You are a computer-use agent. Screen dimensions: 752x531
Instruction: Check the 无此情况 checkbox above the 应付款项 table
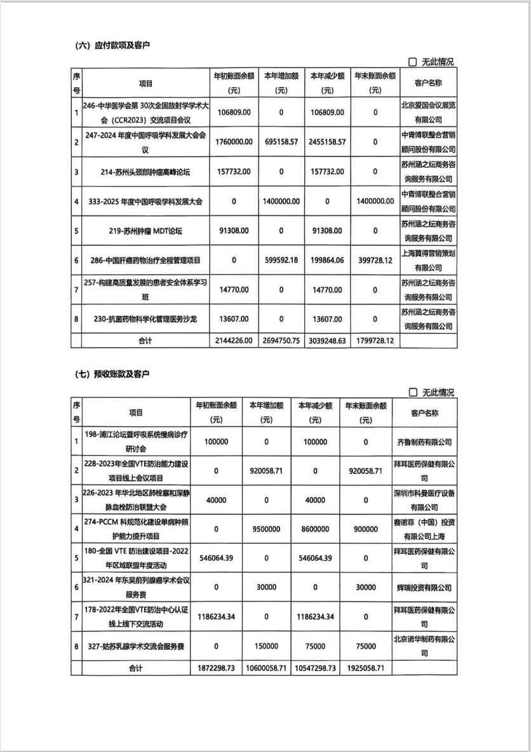click(x=413, y=62)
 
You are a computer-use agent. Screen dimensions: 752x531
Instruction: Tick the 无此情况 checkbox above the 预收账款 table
click(x=413, y=393)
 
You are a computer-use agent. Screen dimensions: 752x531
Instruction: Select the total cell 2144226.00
click(x=234, y=341)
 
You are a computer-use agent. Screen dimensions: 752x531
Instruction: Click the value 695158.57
click(x=281, y=142)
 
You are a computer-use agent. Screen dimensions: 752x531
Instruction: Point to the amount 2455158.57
click(x=327, y=142)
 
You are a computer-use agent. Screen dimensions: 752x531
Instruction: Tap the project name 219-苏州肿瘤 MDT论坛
click(x=145, y=231)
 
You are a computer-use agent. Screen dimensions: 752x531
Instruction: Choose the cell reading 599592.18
click(x=281, y=261)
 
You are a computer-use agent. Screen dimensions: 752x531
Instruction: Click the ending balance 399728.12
click(x=375, y=261)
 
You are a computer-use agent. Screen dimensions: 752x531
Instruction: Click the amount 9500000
click(x=266, y=529)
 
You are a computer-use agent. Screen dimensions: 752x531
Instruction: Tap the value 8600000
click(x=315, y=529)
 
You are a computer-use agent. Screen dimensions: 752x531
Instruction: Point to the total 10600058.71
click(x=266, y=669)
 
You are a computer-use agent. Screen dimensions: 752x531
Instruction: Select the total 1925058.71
click(x=365, y=669)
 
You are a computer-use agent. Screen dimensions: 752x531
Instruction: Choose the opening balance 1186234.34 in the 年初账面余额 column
click(x=216, y=617)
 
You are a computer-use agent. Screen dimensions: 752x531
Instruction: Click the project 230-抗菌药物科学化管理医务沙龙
click(x=145, y=319)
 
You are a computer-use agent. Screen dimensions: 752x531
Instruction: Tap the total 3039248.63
click(x=327, y=341)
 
